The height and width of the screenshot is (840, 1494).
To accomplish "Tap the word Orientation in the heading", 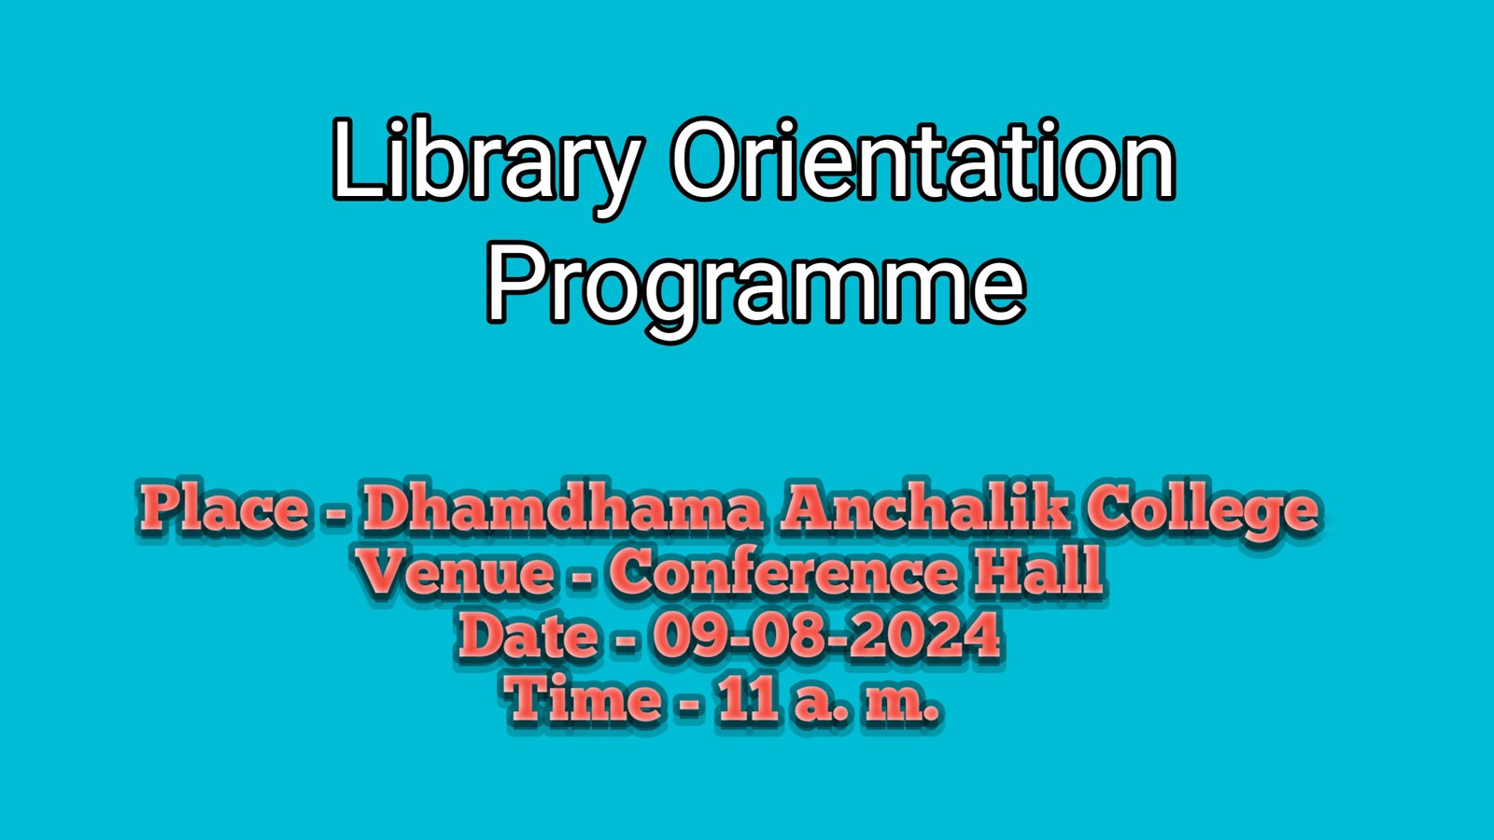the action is (923, 159).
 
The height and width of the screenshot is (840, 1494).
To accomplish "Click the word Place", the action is (224, 509).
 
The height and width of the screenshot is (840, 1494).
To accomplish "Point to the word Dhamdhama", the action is (561, 509).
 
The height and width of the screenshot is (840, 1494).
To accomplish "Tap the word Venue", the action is (456, 571).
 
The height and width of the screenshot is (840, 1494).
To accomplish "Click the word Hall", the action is (1037, 571).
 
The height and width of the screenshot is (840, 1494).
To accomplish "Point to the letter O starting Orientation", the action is (713, 159).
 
